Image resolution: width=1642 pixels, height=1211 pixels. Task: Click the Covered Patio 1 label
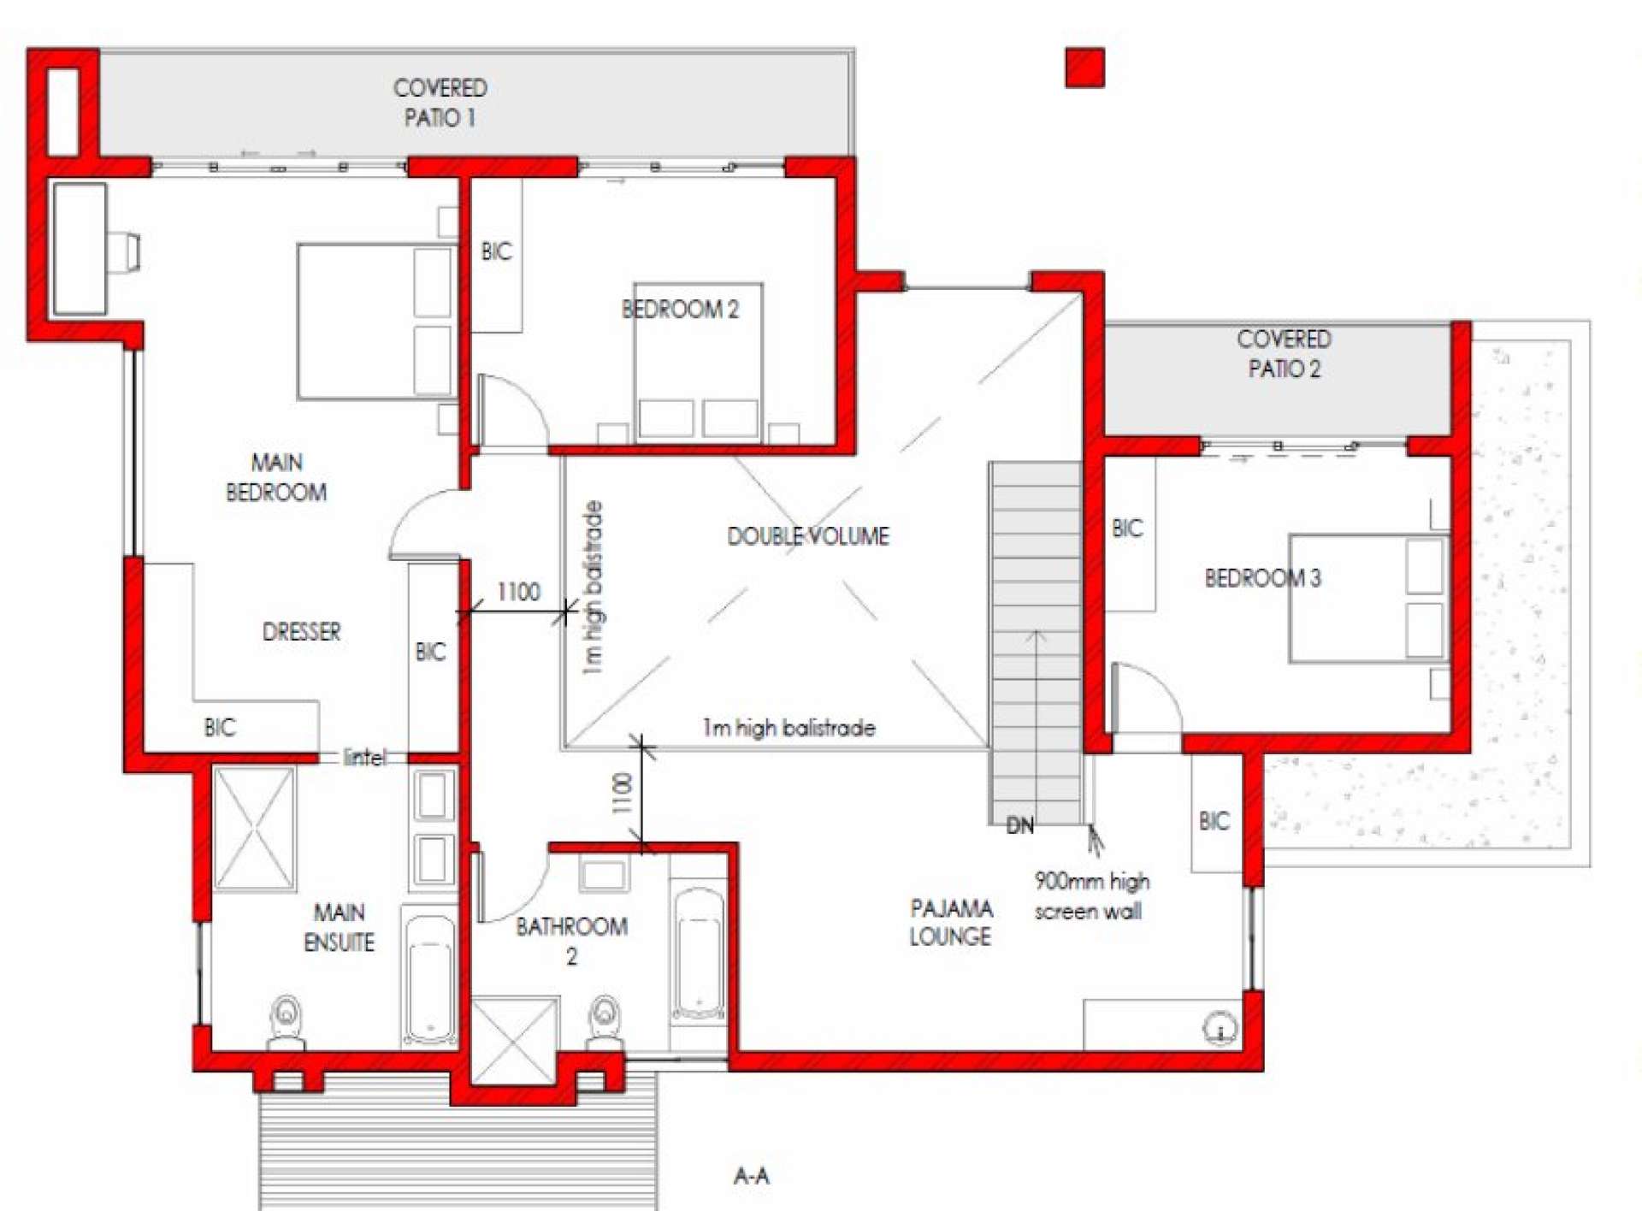point(440,103)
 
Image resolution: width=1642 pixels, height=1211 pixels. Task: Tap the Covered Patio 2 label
point(1284,354)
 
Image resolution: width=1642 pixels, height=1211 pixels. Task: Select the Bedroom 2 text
point(680,309)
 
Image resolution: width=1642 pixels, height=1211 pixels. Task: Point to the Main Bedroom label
point(276,477)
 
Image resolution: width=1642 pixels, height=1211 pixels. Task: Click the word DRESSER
point(301,632)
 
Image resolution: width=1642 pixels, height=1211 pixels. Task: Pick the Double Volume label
point(808,536)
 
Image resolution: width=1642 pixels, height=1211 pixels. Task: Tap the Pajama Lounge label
point(950,922)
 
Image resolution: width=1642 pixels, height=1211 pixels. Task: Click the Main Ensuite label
point(339,927)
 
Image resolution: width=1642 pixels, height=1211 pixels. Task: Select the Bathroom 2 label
point(571,941)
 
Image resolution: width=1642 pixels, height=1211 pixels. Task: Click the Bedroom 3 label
point(1262,578)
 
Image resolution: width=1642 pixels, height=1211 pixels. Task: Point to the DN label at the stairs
point(1019,825)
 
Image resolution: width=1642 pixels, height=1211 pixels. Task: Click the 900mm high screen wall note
point(1091,896)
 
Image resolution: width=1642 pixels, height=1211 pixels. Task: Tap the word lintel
point(364,757)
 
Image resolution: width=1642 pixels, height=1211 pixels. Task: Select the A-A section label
point(751,1176)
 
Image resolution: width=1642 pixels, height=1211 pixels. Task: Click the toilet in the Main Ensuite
point(286,1021)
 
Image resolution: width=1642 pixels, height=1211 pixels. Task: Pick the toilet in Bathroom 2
point(605,1021)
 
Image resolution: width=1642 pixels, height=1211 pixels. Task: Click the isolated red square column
point(1084,68)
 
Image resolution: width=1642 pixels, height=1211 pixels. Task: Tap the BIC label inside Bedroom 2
point(496,251)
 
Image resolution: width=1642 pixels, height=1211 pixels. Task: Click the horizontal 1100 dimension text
point(518,592)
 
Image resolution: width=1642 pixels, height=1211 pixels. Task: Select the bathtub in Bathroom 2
point(699,954)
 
